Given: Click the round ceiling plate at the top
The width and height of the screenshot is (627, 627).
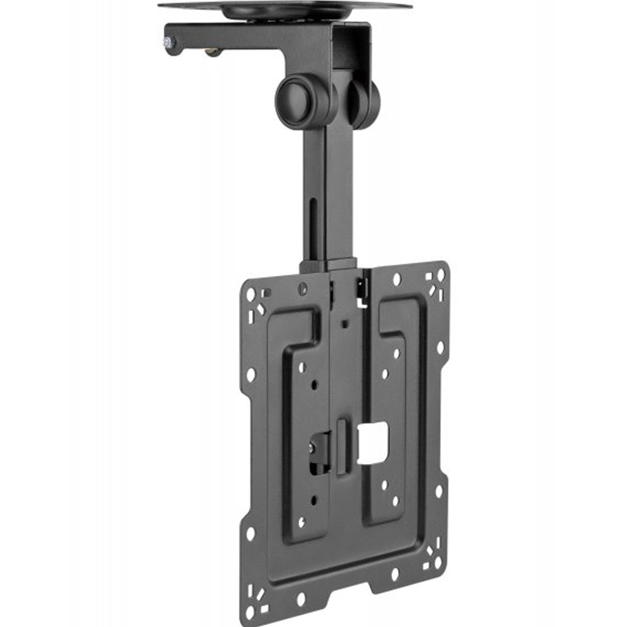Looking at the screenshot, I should [x=285, y=8].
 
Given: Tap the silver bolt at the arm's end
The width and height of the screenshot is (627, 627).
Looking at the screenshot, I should [x=169, y=43].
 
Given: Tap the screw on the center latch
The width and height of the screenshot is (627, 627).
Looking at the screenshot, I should [x=313, y=448].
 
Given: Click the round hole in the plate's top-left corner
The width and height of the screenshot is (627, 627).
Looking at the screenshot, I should [x=250, y=294].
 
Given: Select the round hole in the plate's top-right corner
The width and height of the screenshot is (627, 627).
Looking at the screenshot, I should [x=440, y=275].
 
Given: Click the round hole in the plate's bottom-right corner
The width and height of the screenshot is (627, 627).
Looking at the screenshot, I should [x=438, y=565].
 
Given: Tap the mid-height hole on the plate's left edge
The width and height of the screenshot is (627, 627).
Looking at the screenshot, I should [x=251, y=375].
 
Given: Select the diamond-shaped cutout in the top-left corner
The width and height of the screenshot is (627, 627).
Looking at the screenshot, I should [x=260, y=309].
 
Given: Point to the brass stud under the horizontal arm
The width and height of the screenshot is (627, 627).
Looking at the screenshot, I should [x=214, y=53].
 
